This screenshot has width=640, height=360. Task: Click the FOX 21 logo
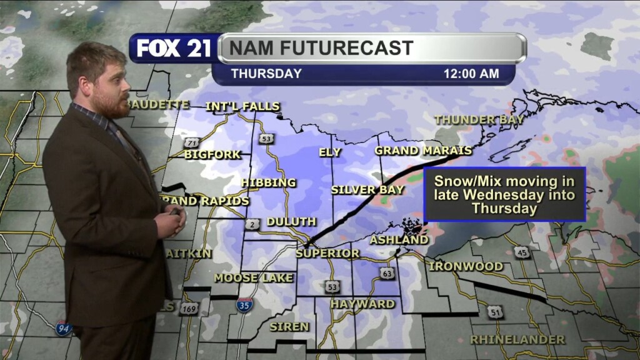coord(174,49)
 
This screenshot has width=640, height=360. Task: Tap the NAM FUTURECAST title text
coord(321,48)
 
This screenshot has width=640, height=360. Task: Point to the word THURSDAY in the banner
coord(266,74)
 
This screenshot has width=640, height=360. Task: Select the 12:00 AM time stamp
coord(471,74)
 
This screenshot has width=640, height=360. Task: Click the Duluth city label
coord(291,222)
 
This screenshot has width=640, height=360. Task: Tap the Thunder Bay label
coord(479,119)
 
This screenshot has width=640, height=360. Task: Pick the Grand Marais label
coord(423,151)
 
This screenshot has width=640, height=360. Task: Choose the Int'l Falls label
coord(242,106)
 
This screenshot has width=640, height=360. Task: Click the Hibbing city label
coord(269,182)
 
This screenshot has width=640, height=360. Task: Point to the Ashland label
coord(399,239)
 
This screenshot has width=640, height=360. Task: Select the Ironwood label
coord(466,266)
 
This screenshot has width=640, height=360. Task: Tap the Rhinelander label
coord(517,340)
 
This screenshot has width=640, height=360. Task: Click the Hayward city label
coord(363,304)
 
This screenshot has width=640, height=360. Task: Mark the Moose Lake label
coord(254,277)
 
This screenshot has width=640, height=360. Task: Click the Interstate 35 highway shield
coord(245,305)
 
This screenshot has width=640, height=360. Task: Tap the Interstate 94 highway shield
coord(63,329)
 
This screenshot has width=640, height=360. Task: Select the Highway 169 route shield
coord(187,308)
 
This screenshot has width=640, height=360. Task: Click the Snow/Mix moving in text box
coord(504,194)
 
